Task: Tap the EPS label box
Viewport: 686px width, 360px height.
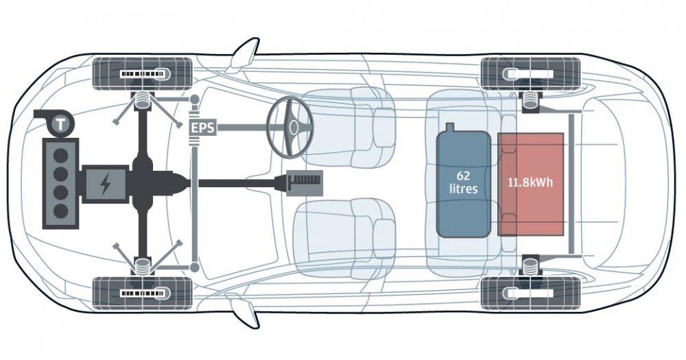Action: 202,128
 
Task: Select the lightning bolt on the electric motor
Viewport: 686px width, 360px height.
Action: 105,184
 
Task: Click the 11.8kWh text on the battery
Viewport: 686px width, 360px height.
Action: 530,182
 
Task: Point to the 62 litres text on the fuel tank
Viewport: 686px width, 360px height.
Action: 463,182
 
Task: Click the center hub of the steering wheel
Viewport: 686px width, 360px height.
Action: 293,127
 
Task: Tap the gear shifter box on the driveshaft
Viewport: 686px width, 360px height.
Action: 305,182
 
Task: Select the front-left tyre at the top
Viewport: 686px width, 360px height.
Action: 143,73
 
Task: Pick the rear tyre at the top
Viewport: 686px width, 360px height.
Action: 531,73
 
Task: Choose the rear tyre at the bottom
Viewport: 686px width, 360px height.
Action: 531,293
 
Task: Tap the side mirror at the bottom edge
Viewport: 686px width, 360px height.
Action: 244,311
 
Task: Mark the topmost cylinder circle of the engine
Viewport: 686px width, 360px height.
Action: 60,155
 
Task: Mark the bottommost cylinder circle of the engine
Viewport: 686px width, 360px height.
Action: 60,211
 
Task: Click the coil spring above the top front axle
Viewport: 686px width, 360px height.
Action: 142,101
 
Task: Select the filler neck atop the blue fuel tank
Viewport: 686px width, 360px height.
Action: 450,128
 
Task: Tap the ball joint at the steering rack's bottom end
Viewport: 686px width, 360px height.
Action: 195,267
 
